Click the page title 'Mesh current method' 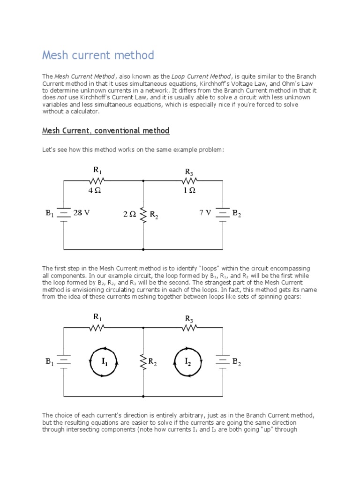[x=98, y=55]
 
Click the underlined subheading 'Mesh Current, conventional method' [x=105, y=131]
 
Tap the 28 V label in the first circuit [x=81, y=213]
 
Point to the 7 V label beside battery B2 [x=205, y=213]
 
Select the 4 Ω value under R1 [x=95, y=191]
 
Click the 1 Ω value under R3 [x=189, y=191]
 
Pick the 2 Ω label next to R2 [x=130, y=214]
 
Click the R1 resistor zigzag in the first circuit [x=97, y=181]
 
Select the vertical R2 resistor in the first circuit [x=143, y=214]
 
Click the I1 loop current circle [x=104, y=361]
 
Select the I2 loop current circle [x=187, y=361]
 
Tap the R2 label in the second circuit [x=153, y=362]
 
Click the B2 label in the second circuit [x=237, y=362]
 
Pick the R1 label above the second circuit [x=97, y=317]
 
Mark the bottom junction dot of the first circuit [x=143, y=249]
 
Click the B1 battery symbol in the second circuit [x=64, y=361]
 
